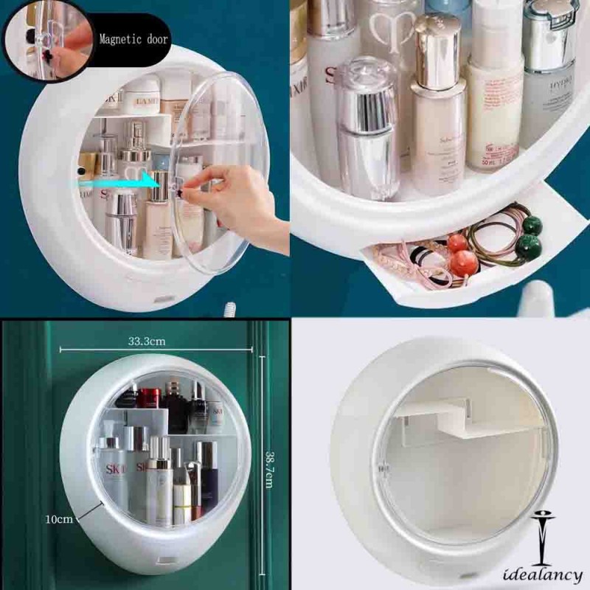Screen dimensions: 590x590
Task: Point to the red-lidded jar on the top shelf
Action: coord(150,400)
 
